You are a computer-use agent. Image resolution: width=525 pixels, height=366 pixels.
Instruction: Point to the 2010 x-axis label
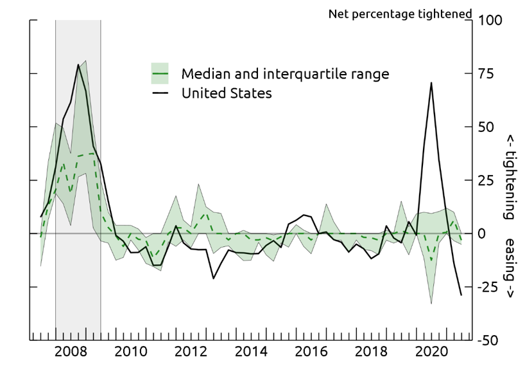pyautogui.click(x=130, y=351)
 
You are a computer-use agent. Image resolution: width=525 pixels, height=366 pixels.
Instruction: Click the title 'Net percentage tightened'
pyautogui.click(x=400, y=14)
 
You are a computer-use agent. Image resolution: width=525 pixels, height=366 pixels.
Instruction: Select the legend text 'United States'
pyautogui.click(x=227, y=93)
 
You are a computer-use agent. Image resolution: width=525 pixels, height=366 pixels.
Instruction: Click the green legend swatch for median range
pyautogui.click(x=160, y=73)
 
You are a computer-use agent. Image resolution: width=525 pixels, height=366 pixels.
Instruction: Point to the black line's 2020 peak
pyautogui.click(x=431, y=82)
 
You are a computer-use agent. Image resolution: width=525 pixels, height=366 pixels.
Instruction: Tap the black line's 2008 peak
pyautogui.click(x=78, y=64)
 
